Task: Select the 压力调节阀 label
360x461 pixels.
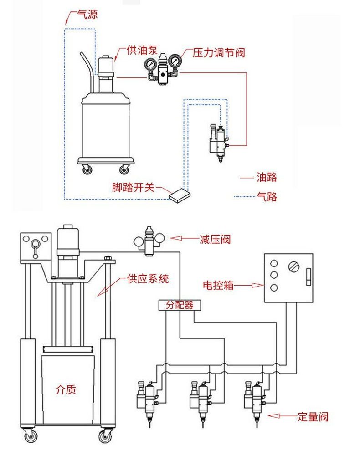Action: [219, 53]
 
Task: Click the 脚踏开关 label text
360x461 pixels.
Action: [134, 187]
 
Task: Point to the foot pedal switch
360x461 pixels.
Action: [180, 195]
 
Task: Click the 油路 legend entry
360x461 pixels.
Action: [267, 177]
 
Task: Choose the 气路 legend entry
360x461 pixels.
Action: [267, 197]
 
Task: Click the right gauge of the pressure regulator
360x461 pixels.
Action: [174, 61]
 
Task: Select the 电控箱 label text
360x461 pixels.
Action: [218, 286]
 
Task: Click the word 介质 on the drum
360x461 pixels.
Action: [66, 389]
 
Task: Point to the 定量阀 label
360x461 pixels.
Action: [313, 416]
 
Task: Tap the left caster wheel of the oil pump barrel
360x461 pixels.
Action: [87, 169]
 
